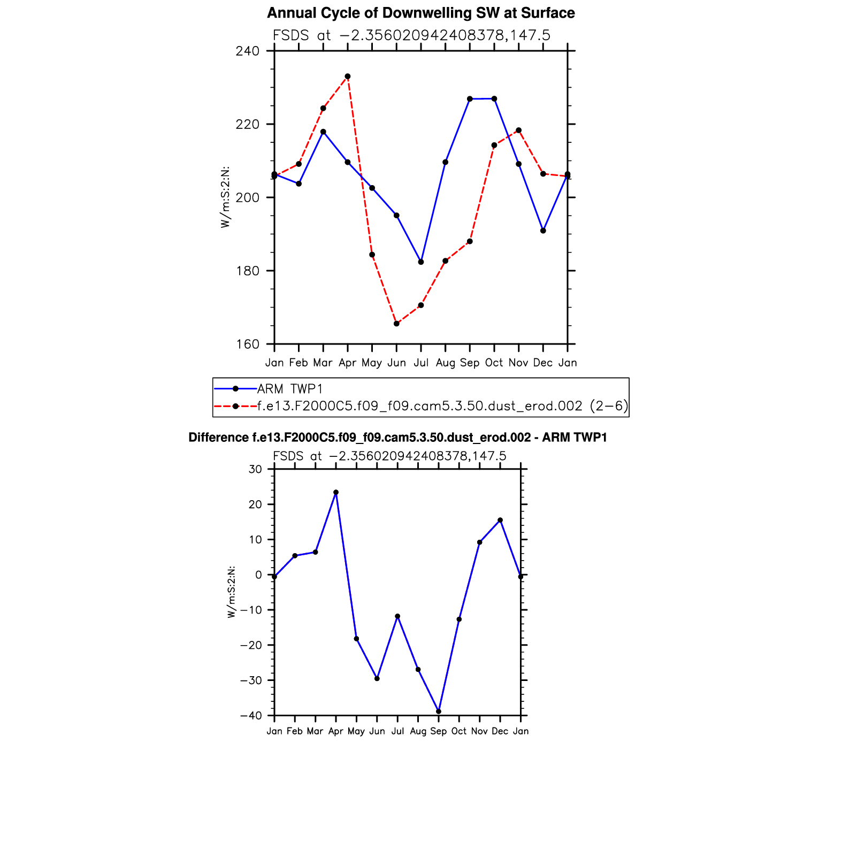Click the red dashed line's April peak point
tap(348, 76)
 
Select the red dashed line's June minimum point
tap(396, 324)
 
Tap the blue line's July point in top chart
tap(421, 262)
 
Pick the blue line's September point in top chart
tap(470, 99)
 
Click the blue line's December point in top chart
tap(543, 231)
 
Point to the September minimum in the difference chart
tap(439, 711)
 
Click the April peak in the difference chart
tap(336, 492)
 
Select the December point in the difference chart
tap(500, 520)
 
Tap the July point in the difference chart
tap(397, 616)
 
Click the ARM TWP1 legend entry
tap(289, 389)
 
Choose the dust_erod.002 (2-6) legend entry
tap(442, 406)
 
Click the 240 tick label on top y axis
tap(248, 51)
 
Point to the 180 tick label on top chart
tap(248, 271)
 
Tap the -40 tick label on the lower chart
tap(251, 716)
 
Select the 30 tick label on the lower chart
tap(256, 470)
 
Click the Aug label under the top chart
tap(445, 363)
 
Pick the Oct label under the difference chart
tap(459, 731)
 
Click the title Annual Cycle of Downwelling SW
tap(420, 13)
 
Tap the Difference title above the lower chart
tap(397, 438)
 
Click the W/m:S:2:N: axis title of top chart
tap(226, 197)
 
